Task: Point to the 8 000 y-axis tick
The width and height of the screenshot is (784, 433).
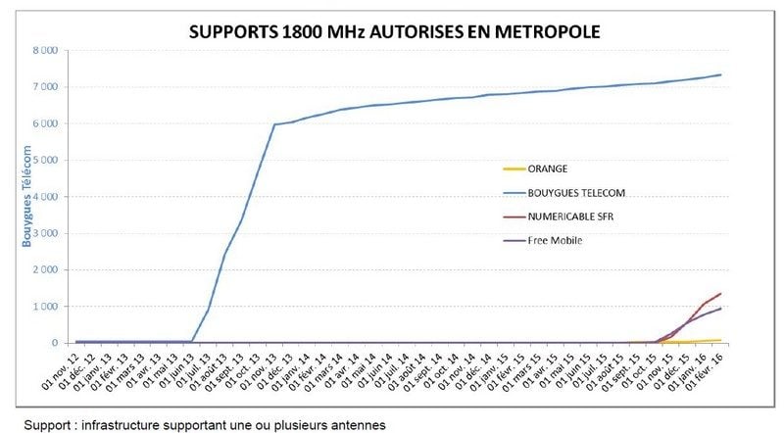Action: click(x=45, y=50)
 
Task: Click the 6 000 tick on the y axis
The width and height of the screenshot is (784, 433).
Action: click(x=45, y=123)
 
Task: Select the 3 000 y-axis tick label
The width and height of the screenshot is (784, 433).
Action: click(x=45, y=233)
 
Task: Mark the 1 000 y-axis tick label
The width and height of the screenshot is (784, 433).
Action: click(x=45, y=307)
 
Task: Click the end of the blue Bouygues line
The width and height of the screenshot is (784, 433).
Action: click(x=721, y=75)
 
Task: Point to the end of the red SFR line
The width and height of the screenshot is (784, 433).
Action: click(x=721, y=293)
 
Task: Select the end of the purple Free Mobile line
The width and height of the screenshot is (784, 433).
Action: click(x=721, y=309)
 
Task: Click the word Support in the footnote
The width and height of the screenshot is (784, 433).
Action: click(x=48, y=424)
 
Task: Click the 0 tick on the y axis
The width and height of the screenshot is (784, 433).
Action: click(x=53, y=343)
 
